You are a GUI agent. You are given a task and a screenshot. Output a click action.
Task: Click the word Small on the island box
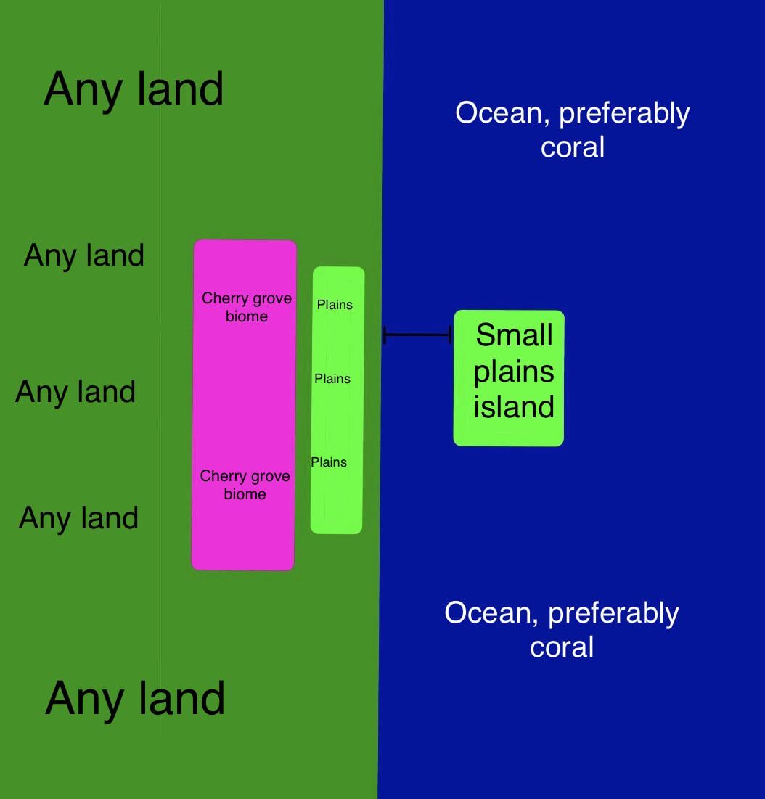[x=514, y=335]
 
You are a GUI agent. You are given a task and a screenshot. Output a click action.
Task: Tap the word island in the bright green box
[x=514, y=406]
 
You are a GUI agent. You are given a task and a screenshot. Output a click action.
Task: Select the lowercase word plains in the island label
[x=514, y=372]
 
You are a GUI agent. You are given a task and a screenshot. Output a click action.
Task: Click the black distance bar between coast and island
[x=417, y=335]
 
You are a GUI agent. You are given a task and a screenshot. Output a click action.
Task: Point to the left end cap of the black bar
[x=385, y=335]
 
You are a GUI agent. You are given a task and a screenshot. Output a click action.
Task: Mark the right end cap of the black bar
[x=450, y=335]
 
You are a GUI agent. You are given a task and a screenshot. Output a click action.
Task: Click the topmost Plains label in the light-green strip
[x=335, y=305]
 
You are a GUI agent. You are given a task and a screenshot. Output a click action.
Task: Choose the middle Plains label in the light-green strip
[x=332, y=379]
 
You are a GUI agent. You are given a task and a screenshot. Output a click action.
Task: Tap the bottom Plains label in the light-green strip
[x=329, y=462]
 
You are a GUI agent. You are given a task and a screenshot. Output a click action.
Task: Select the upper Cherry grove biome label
[x=247, y=307]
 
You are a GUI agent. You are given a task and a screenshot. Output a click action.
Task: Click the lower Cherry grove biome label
[x=245, y=485]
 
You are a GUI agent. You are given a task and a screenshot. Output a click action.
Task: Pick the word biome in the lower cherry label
[x=245, y=494]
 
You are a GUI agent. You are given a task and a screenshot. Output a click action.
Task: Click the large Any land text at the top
[x=134, y=89]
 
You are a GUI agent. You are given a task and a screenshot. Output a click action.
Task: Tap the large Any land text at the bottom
[x=135, y=698]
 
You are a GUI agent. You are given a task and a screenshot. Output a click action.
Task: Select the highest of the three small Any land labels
[x=84, y=255]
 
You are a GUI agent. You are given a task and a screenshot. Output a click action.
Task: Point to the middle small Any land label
[x=75, y=392]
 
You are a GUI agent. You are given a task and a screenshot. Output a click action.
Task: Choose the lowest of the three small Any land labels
[x=78, y=518]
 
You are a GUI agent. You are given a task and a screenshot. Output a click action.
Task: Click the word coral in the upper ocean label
[x=573, y=147]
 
